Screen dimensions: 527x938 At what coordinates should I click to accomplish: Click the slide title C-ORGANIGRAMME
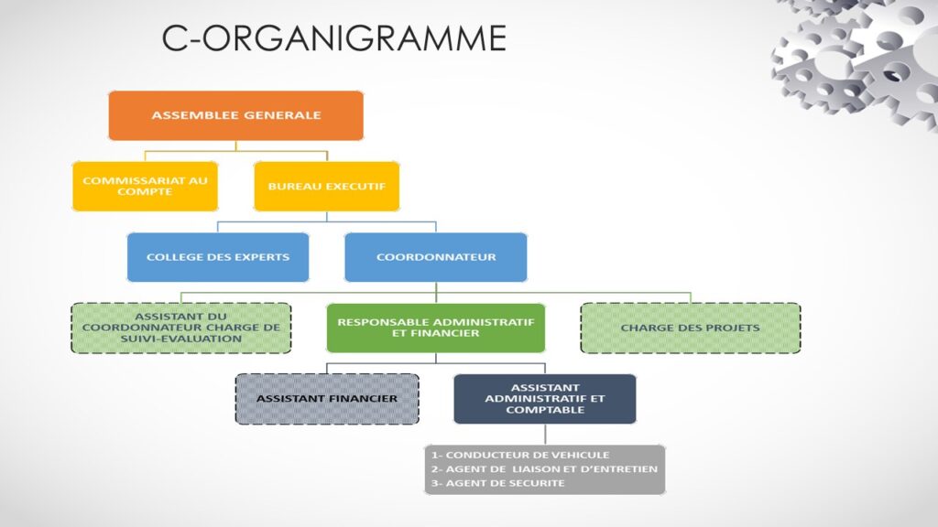(x=333, y=38)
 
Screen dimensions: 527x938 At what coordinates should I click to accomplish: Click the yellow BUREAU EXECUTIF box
(x=326, y=187)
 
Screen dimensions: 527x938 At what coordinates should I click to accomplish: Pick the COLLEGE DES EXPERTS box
(x=217, y=257)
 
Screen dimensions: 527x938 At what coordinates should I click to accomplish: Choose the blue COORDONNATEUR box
(x=435, y=257)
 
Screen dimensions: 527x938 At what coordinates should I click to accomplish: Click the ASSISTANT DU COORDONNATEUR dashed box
(x=180, y=328)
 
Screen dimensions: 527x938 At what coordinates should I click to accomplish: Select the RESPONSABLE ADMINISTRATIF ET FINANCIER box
(x=435, y=328)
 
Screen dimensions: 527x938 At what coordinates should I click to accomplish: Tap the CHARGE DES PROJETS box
(x=690, y=328)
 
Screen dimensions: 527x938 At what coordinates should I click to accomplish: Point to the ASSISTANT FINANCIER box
(x=326, y=399)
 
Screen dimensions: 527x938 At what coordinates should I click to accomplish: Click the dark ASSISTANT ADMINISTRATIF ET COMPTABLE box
(x=544, y=399)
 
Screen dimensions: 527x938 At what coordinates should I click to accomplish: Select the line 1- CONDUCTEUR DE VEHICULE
(x=520, y=455)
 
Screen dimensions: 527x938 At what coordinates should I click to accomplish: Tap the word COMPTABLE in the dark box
(x=544, y=410)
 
